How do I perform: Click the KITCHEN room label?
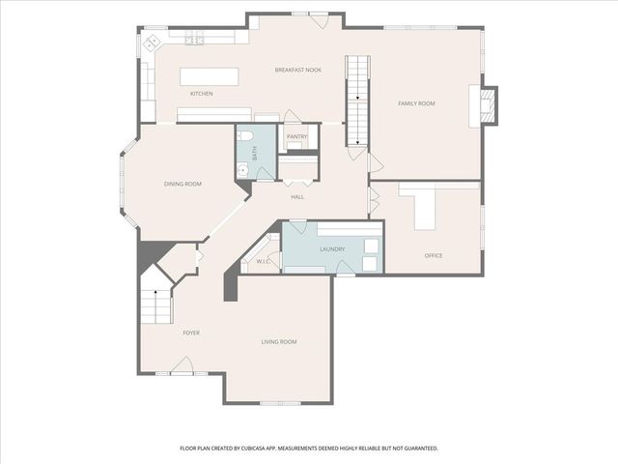(x=202, y=94)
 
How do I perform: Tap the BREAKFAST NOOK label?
(x=298, y=70)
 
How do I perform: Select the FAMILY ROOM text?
(x=416, y=103)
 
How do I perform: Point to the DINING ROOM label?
(x=183, y=184)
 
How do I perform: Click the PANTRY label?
(x=296, y=136)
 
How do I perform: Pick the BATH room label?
(x=255, y=153)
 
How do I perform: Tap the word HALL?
(x=297, y=197)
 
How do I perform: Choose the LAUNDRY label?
(x=332, y=249)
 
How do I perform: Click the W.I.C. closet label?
(x=263, y=261)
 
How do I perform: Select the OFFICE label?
(x=434, y=255)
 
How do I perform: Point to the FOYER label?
(x=191, y=333)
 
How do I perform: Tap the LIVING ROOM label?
(x=279, y=342)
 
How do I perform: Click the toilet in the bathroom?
(x=244, y=136)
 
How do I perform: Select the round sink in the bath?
(x=243, y=170)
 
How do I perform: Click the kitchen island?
(x=210, y=76)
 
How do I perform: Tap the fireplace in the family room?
(x=487, y=105)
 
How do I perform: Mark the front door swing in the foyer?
(x=182, y=364)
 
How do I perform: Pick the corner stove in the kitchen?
(x=152, y=43)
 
